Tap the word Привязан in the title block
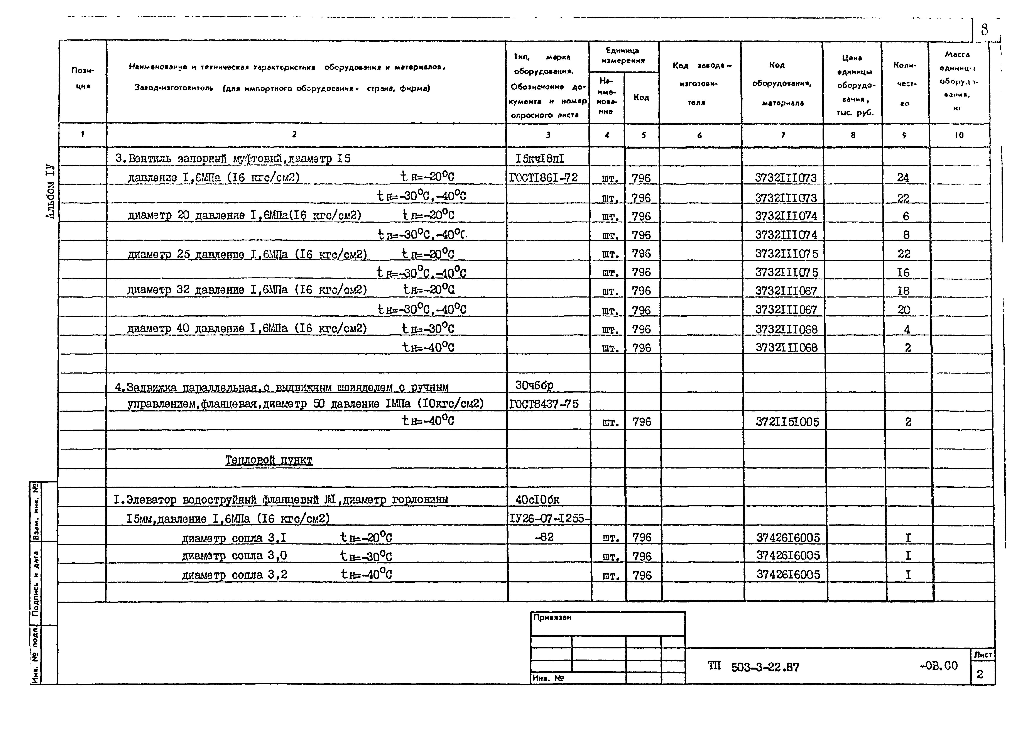552,617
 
